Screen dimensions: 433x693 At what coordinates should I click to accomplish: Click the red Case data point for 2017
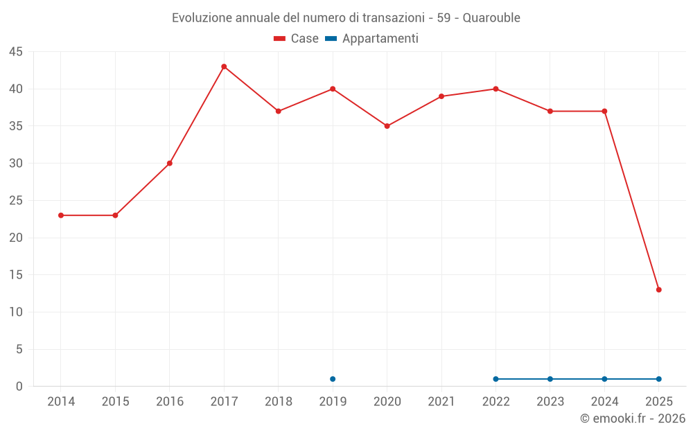(x=224, y=67)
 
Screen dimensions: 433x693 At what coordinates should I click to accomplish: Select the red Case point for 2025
(x=658, y=290)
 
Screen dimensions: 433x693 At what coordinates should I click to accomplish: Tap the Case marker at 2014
(x=61, y=215)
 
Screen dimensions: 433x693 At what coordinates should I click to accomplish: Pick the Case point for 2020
(x=387, y=126)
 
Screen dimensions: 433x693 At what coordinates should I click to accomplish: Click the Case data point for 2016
(x=170, y=164)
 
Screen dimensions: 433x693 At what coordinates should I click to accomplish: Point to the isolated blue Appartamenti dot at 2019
(x=333, y=379)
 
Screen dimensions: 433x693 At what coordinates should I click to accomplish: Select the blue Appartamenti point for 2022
(x=495, y=379)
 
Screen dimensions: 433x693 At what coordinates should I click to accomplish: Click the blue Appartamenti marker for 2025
(x=658, y=379)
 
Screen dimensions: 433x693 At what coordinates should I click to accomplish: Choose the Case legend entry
(x=297, y=39)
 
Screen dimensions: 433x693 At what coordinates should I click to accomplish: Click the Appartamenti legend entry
(x=372, y=39)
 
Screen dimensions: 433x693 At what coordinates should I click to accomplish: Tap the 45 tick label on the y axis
(x=15, y=52)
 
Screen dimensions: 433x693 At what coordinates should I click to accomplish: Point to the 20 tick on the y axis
(x=15, y=238)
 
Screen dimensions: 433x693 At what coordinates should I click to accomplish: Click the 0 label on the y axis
(x=19, y=387)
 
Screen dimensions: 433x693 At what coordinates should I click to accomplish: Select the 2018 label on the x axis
(x=278, y=402)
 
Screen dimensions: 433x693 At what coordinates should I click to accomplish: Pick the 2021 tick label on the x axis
(x=441, y=402)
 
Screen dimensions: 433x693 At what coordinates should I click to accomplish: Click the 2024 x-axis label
(x=604, y=402)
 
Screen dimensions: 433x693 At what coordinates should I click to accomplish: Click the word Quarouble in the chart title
(x=491, y=18)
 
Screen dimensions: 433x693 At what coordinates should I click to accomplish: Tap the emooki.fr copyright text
(x=632, y=418)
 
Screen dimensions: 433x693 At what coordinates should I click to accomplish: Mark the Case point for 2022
(x=495, y=89)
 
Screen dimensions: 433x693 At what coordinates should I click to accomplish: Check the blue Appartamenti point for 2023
(x=550, y=379)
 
